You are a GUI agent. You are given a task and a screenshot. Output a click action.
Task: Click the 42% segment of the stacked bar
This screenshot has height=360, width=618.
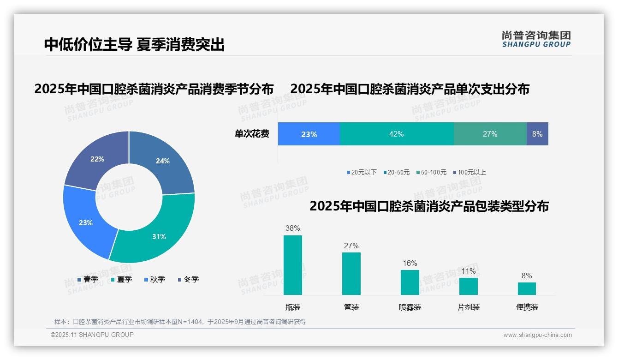[x=397, y=134]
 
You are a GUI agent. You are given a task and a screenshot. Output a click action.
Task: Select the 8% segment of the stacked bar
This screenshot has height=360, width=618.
[x=537, y=134]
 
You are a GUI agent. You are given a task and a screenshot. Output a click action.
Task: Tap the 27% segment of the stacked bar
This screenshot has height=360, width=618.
[x=490, y=134]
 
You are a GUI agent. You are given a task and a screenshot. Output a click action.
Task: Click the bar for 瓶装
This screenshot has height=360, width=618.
[x=292, y=265]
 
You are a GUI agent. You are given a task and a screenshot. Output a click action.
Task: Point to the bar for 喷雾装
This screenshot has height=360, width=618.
[x=410, y=282]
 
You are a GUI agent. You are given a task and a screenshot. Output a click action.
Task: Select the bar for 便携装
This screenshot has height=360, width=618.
[x=527, y=288]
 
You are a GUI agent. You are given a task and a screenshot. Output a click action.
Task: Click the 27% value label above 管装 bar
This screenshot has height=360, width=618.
[x=351, y=246]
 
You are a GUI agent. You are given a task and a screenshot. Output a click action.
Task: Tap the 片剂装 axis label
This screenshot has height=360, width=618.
[x=469, y=307]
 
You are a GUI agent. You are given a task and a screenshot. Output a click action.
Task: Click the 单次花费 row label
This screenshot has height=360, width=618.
[x=252, y=134]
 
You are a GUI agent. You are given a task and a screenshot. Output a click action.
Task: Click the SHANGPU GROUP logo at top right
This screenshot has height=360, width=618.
[x=536, y=39]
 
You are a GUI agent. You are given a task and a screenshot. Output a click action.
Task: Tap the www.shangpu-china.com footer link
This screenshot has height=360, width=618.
[x=537, y=335]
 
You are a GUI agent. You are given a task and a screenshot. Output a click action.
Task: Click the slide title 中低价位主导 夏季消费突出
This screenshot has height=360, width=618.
[x=134, y=45]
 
